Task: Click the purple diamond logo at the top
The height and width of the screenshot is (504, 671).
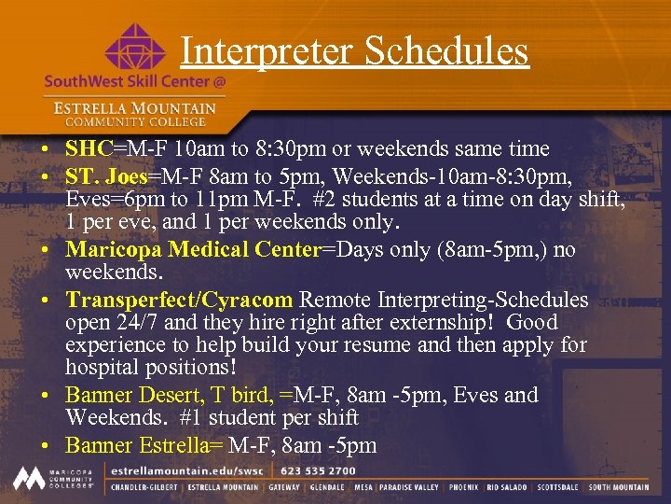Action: point(135,49)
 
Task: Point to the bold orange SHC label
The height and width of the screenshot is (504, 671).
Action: point(89,148)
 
